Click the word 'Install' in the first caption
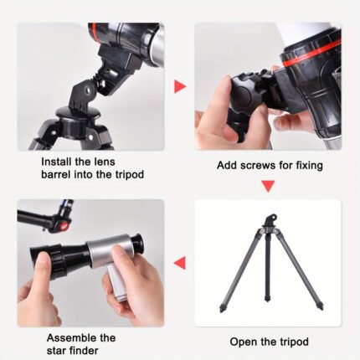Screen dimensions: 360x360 55,162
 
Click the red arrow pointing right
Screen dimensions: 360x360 180,86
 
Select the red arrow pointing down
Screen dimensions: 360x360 268,186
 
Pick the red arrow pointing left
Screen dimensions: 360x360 179,263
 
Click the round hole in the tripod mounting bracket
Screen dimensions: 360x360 89,90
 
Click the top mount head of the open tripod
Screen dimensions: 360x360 271,219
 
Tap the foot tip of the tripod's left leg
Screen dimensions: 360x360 223,309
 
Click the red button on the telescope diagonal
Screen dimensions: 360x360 64,225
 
